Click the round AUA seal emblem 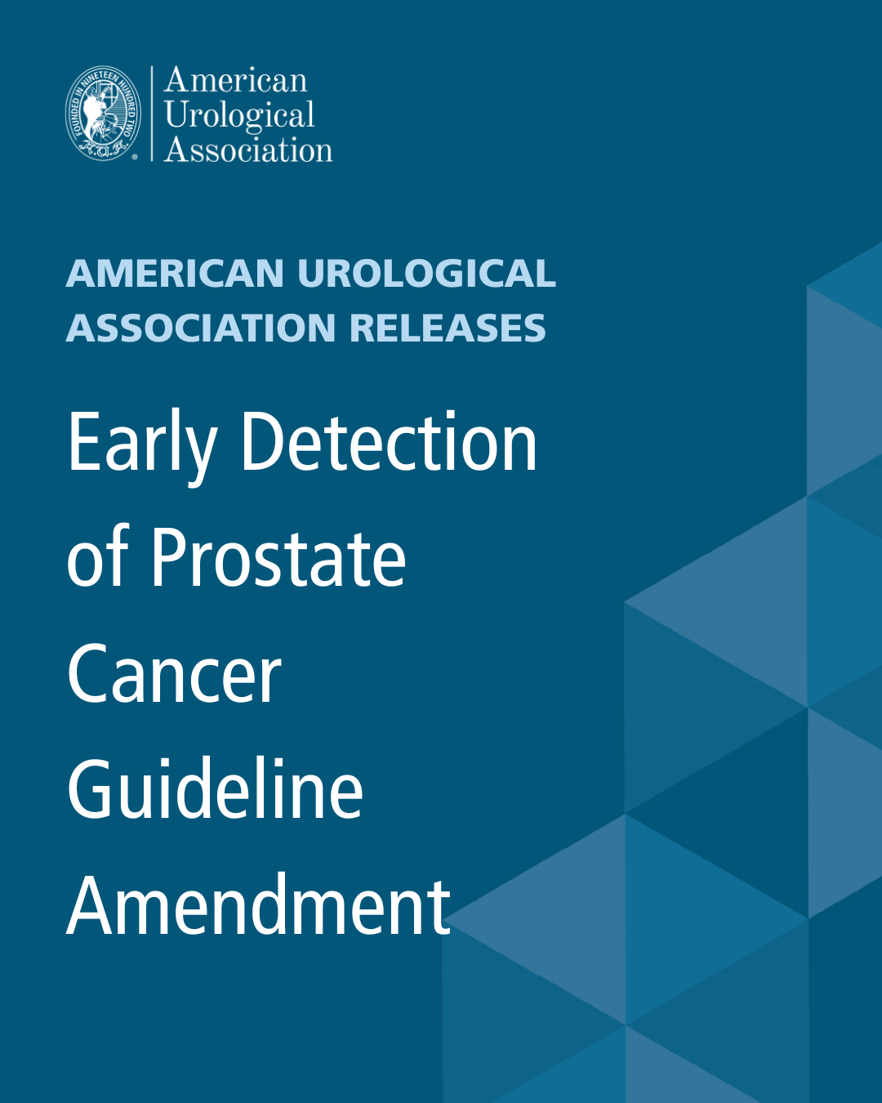[x=103, y=114]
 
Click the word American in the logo [x=235, y=80]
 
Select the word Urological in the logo [x=239, y=116]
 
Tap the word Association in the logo [x=248, y=150]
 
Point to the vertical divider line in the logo [x=152, y=114]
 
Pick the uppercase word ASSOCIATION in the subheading [x=201, y=328]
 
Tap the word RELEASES [x=448, y=328]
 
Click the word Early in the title [x=141, y=444]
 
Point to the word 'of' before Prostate [x=97, y=558]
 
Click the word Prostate [x=278, y=558]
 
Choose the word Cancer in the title [x=174, y=674]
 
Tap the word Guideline [x=215, y=790]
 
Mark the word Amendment [x=258, y=906]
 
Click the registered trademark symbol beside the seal [x=136, y=156]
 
